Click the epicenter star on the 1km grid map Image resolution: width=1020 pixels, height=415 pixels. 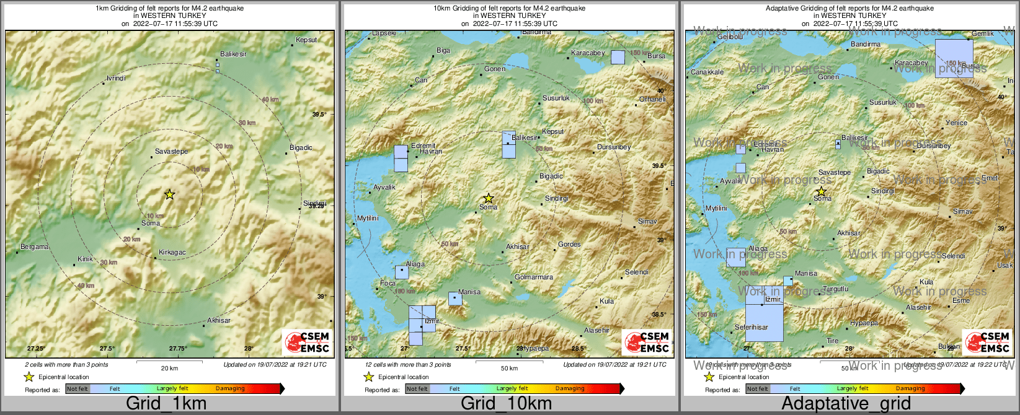169,194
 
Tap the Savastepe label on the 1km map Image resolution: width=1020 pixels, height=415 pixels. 171,151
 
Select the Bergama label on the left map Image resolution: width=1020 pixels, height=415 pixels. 34,247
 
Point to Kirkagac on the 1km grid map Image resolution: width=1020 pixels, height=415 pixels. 172,252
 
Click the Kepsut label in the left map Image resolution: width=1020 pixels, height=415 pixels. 306,40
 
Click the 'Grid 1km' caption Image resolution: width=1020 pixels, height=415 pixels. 166,404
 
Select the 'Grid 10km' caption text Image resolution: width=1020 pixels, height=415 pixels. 506,404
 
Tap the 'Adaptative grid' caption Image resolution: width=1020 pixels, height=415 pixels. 846,404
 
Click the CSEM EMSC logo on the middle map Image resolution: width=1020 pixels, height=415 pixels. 647,342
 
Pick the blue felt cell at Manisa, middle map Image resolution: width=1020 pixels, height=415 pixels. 455,299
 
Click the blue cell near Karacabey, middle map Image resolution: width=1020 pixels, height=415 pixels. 618,57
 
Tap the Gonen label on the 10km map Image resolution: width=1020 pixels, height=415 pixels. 495,69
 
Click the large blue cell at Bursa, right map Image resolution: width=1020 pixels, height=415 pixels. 954,58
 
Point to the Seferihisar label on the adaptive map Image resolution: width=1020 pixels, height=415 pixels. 752,327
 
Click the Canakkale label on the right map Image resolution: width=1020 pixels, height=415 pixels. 707,72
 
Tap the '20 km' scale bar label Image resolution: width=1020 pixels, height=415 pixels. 169,368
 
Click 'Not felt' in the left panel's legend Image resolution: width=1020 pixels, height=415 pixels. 78,389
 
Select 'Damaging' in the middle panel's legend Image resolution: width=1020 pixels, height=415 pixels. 570,388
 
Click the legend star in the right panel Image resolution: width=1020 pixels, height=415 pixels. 709,377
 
